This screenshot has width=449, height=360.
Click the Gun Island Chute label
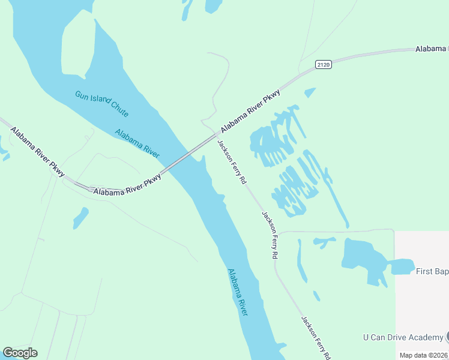pos(101,103)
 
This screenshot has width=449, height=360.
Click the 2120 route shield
pos(324,64)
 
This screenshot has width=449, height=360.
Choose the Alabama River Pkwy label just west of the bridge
pos(127,184)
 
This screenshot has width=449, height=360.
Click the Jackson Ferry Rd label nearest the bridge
pos(232,161)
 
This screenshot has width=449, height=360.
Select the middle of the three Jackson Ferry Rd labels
pos(270,235)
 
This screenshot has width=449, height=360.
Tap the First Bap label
pos(432,271)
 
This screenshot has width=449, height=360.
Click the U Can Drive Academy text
pos(403,338)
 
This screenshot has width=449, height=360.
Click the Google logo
pos(20,353)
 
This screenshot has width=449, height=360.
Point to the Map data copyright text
pos(424,355)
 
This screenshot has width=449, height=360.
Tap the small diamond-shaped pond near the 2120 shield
pos(310,92)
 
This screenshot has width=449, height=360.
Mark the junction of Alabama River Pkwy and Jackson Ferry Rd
pos(215,134)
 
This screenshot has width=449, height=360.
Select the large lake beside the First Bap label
pos(363,255)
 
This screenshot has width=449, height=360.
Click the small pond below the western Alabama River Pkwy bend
pos(80,217)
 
